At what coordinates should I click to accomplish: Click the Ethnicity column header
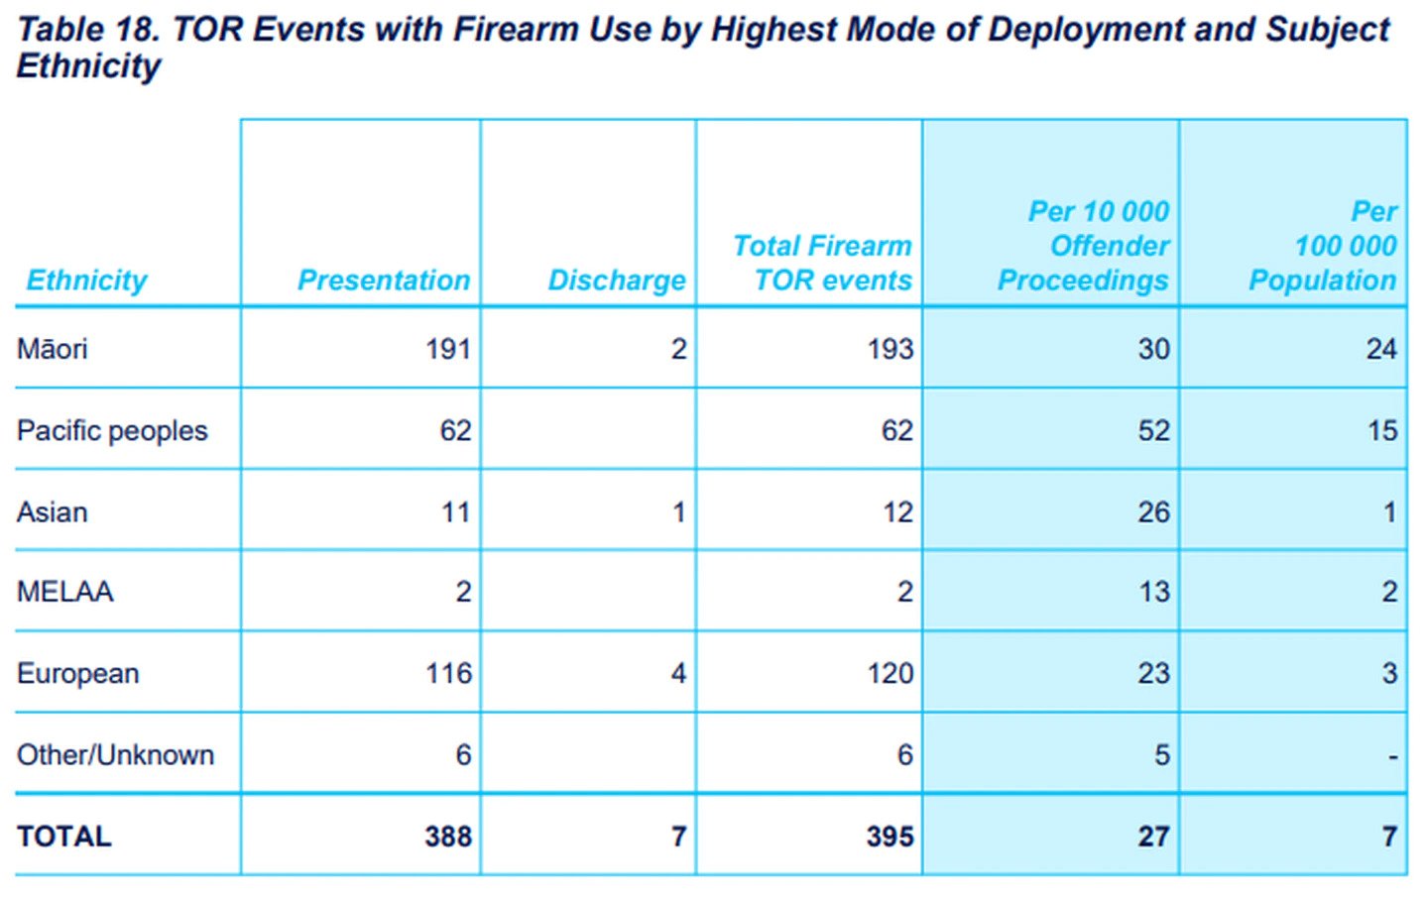coord(86,281)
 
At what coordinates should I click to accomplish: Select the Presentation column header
coord(384,281)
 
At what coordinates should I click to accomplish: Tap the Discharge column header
coord(617,281)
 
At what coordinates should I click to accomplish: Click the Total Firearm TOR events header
coord(822,263)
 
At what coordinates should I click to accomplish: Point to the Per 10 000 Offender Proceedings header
coord(1084,246)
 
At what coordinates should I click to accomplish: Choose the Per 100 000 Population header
coord(1323,246)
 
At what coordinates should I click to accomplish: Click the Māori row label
coord(53,349)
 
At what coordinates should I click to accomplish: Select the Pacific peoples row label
coord(112,430)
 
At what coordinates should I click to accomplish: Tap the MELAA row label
coord(65,592)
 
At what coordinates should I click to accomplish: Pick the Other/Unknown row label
coord(115,755)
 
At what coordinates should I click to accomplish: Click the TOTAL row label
coord(64,837)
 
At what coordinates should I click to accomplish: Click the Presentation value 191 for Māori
coord(447,349)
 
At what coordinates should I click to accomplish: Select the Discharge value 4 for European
coord(678,674)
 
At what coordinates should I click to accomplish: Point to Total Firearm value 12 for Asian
coord(897,512)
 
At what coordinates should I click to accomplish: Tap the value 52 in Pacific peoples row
coord(1153,430)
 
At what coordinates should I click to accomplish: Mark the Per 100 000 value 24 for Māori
coord(1381,349)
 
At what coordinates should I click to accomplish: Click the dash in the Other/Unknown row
coord(1392,757)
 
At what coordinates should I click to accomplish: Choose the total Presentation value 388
coord(447,837)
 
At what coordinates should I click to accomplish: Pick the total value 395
coord(890,837)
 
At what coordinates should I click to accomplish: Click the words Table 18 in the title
coord(87,30)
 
